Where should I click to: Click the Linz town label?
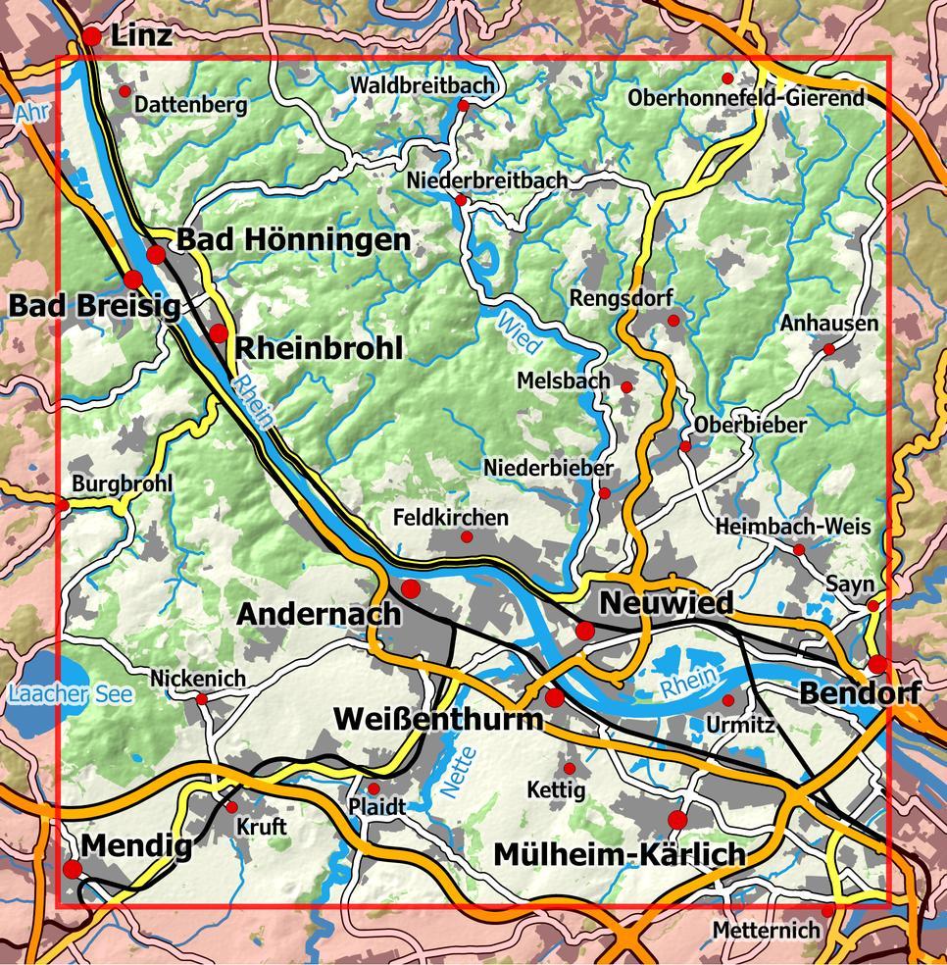[141, 36]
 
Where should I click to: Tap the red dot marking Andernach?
[411, 588]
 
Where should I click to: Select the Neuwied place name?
[667, 602]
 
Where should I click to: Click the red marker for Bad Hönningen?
[156, 255]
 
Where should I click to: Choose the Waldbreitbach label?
[423, 85]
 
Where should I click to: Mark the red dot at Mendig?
[73, 869]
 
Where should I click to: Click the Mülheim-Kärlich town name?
[620, 854]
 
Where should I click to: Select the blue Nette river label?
[458, 769]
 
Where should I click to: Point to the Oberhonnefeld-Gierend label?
[747, 98]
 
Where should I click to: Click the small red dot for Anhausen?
[828, 348]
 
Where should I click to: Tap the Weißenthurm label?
[438, 719]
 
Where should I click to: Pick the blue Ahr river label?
[30, 115]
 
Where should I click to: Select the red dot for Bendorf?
[877, 664]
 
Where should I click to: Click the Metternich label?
[766, 929]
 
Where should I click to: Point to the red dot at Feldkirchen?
[467, 537]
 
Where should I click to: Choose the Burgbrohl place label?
[123, 483]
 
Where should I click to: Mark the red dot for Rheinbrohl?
[218, 333]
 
